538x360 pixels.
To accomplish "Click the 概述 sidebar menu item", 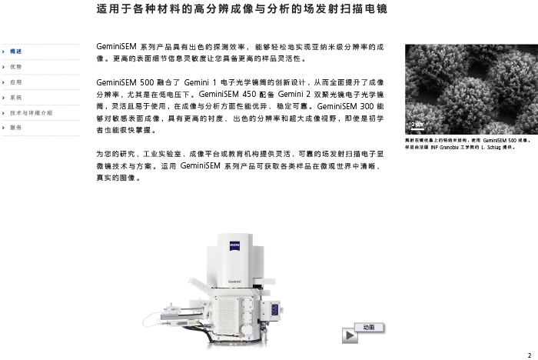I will (x=16, y=52).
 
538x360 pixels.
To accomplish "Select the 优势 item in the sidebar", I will (x=16, y=67).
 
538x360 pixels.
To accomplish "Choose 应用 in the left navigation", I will (x=16, y=82).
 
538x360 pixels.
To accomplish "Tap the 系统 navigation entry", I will (x=16, y=98).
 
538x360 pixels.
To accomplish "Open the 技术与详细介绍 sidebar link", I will (x=32, y=113).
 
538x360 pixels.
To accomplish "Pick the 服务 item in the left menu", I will (x=16, y=128).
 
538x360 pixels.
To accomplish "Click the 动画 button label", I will (x=369, y=328).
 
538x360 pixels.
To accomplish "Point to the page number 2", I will (x=529, y=355).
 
